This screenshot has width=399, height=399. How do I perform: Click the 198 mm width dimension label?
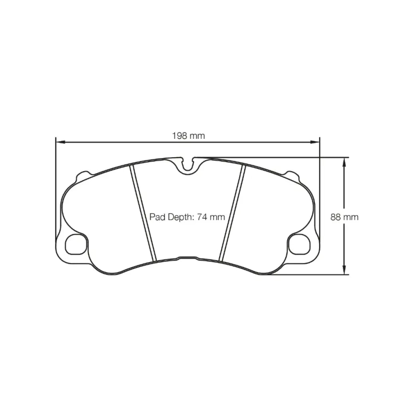tap(188, 136)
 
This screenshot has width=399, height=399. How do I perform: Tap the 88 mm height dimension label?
tap(344, 217)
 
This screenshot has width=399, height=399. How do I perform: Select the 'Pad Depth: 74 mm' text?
tap(187, 217)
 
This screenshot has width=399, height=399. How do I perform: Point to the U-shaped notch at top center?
tap(188, 164)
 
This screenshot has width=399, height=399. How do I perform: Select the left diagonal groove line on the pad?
tap(143, 213)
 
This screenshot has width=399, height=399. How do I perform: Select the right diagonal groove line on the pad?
tap(233, 213)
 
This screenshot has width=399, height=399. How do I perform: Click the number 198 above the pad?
tap(179, 136)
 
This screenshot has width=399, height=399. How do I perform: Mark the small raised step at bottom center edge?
tap(187, 258)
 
